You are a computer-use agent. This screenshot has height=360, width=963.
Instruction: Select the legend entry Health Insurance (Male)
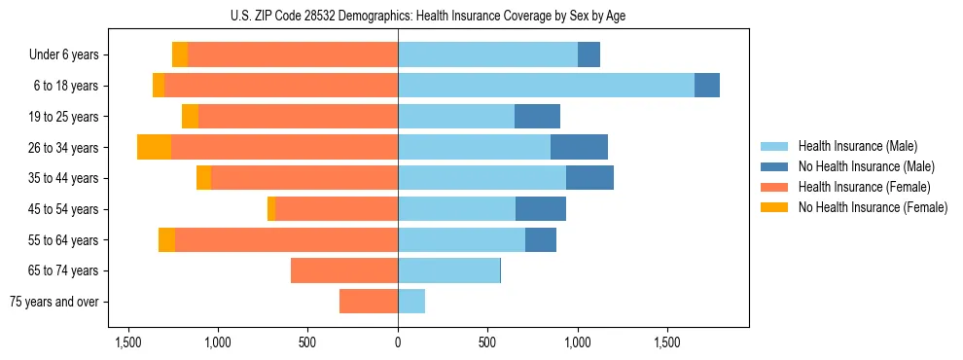click(857, 146)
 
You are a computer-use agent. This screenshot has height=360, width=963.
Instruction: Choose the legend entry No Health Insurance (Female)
click(873, 207)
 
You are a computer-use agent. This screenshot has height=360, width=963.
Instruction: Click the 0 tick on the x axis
click(398, 342)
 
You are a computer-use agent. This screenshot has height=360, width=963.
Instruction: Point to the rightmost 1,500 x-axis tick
click(668, 342)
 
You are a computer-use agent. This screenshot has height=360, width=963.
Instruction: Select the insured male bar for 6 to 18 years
click(546, 86)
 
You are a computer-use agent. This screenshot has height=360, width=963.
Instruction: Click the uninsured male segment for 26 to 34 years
click(579, 147)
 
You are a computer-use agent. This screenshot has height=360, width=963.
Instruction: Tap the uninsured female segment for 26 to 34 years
click(154, 147)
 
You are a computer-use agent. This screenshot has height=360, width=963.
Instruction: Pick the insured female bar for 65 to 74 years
click(344, 270)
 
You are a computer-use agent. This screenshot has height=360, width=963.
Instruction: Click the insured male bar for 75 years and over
click(411, 302)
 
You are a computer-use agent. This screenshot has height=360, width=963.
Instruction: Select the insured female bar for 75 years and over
click(369, 302)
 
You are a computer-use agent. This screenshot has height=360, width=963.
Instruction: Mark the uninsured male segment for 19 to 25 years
click(537, 117)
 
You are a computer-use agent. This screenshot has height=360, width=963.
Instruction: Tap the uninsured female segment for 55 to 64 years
click(166, 240)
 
